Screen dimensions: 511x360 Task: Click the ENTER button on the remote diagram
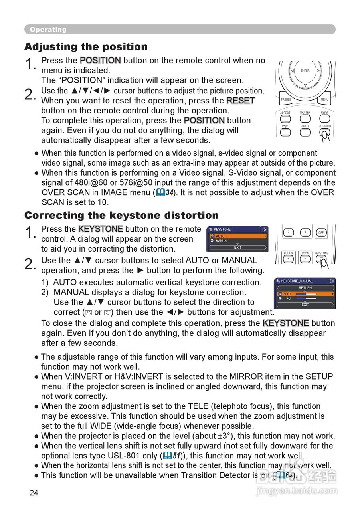pyautogui.click(x=305, y=71)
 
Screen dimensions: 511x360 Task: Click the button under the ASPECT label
pyautogui.click(x=285, y=119)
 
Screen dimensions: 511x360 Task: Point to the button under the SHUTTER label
pyautogui.click(x=305, y=119)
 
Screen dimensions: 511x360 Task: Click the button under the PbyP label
pyautogui.click(x=285, y=132)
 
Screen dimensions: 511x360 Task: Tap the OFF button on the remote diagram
pyautogui.click(x=321, y=232)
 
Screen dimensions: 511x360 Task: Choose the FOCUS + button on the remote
pyautogui.click(x=288, y=259)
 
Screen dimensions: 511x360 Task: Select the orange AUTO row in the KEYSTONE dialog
pyautogui.click(x=238, y=236)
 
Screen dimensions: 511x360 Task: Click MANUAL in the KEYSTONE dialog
pyautogui.click(x=222, y=241)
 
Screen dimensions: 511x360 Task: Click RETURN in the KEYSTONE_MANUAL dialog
pyautogui.click(x=305, y=288)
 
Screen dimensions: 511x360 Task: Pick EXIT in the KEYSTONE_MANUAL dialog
pyautogui.click(x=305, y=305)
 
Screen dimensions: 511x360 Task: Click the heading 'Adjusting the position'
pyautogui.click(x=86, y=47)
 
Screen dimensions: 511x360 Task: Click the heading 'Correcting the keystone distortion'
pyautogui.click(x=121, y=215)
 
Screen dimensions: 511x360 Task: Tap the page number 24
pyautogui.click(x=34, y=493)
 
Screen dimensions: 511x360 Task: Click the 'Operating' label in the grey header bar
pyautogui.click(x=48, y=30)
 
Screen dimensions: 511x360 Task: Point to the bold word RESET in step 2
pyautogui.click(x=240, y=101)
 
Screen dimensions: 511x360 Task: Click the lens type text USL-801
pyautogui.click(x=141, y=456)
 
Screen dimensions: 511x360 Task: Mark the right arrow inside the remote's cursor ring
pyautogui.click(x=318, y=71)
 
